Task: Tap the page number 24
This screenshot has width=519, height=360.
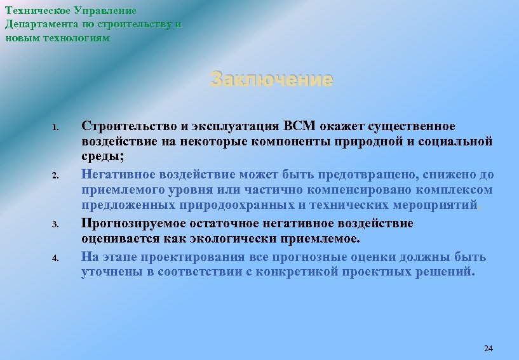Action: coord(488,349)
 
